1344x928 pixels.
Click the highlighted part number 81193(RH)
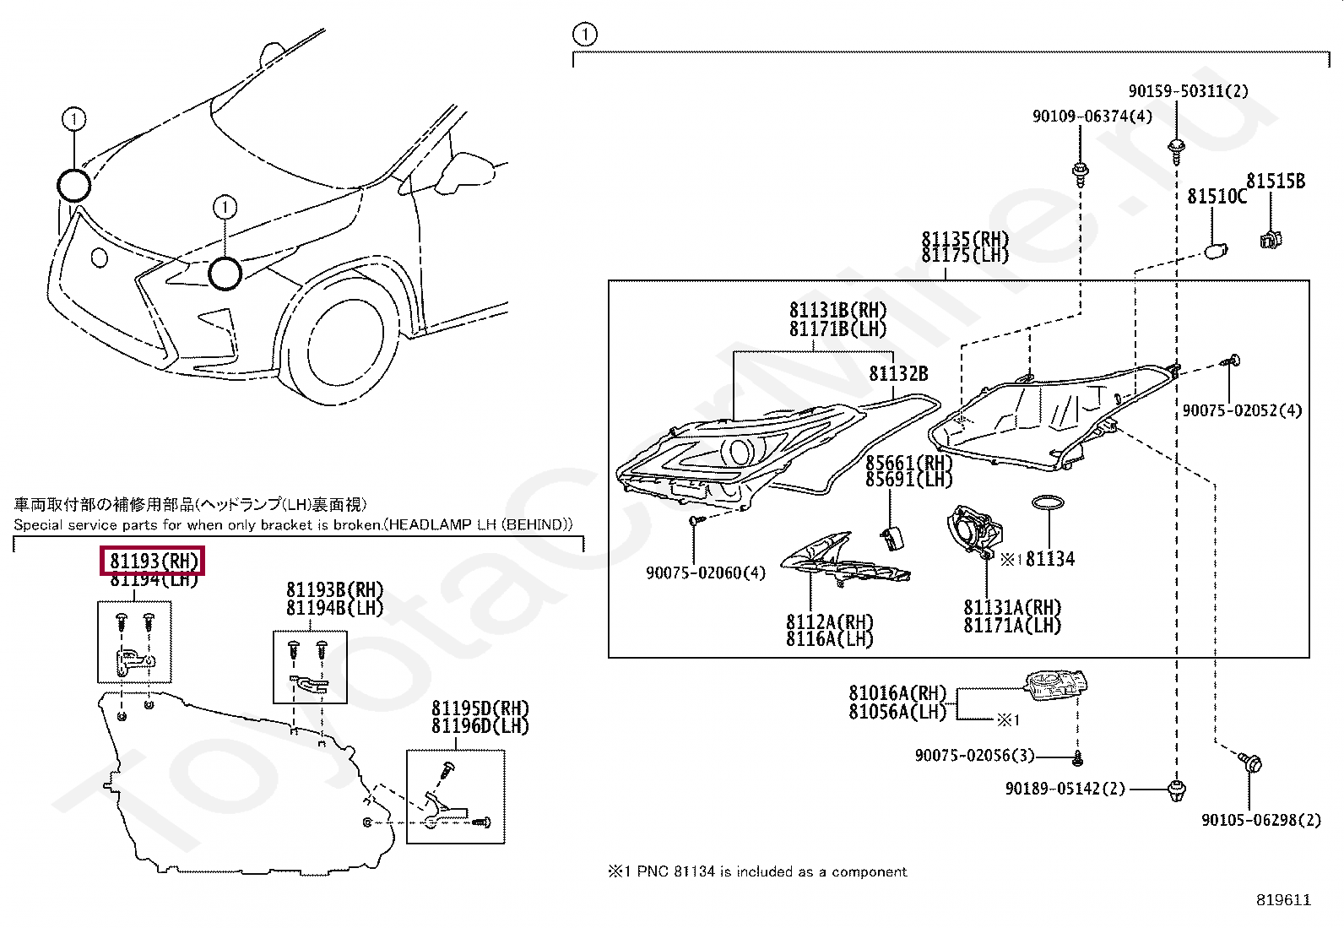(154, 561)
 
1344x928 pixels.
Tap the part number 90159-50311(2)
(1188, 90)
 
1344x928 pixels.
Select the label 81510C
(1216, 197)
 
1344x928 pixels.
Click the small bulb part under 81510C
(1216, 251)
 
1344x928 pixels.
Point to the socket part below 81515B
(1270, 240)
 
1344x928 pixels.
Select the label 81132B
(898, 373)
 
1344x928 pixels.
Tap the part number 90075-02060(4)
(706, 573)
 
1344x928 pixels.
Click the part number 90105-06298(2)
(1261, 820)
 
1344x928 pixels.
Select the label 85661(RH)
(908, 463)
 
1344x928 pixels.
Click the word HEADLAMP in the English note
(436, 525)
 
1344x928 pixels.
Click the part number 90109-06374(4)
(1092, 117)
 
